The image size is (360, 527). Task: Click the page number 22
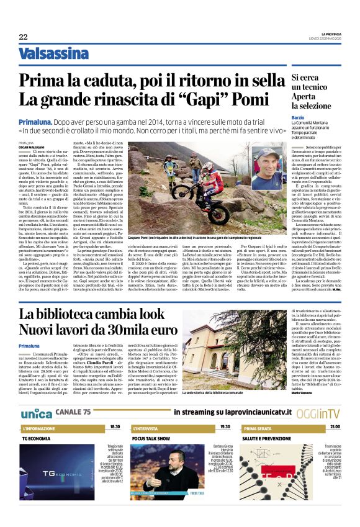23,37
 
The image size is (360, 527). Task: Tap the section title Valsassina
53,53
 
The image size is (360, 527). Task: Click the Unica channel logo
36,413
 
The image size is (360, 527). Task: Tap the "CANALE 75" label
73,412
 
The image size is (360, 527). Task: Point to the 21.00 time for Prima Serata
335,428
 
